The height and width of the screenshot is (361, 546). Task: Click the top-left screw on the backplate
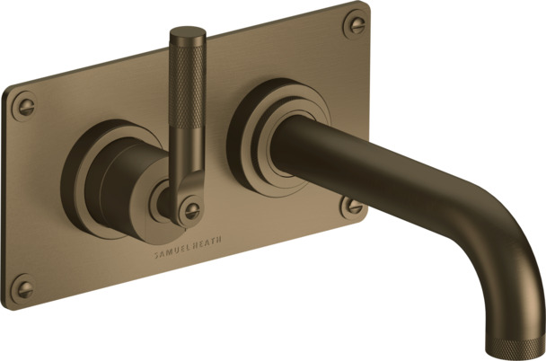point(23,106)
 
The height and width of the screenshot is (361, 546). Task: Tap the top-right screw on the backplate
point(355,25)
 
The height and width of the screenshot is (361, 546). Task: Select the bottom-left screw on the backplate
point(22,288)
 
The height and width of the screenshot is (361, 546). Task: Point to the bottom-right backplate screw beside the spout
point(352,207)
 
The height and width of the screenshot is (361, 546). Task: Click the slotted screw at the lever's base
point(190,211)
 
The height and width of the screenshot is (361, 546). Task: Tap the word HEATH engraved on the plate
point(209,243)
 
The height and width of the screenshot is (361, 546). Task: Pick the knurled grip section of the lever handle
point(188,84)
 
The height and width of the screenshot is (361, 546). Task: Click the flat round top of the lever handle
point(188,31)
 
